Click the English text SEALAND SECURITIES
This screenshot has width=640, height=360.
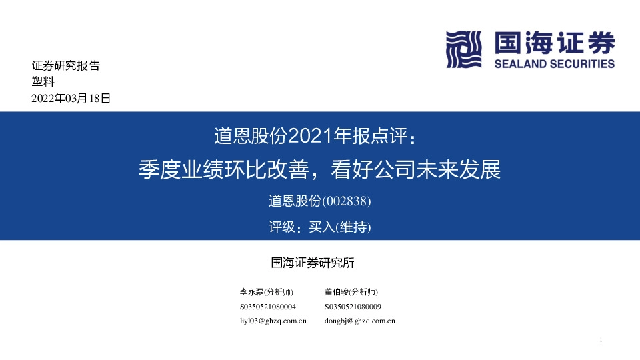(x=555, y=64)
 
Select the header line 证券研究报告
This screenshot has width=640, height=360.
(x=65, y=66)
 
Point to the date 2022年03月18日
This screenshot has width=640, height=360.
(x=71, y=98)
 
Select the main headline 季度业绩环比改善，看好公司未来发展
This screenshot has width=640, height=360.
(x=319, y=169)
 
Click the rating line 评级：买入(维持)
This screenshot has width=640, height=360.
(x=319, y=227)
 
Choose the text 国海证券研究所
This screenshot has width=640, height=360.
(x=313, y=263)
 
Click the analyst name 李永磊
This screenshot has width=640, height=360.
(x=251, y=292)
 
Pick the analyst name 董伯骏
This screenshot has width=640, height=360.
(x=336, y=292)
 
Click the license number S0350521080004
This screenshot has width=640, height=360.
(x=267, y=307)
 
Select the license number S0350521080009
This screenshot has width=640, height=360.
(x=353, y=307)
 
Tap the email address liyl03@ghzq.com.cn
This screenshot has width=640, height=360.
(x=273, y=321)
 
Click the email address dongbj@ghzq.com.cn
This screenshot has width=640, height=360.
(x=360, y=321)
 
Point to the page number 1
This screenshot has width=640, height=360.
(x=601, y=341)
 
